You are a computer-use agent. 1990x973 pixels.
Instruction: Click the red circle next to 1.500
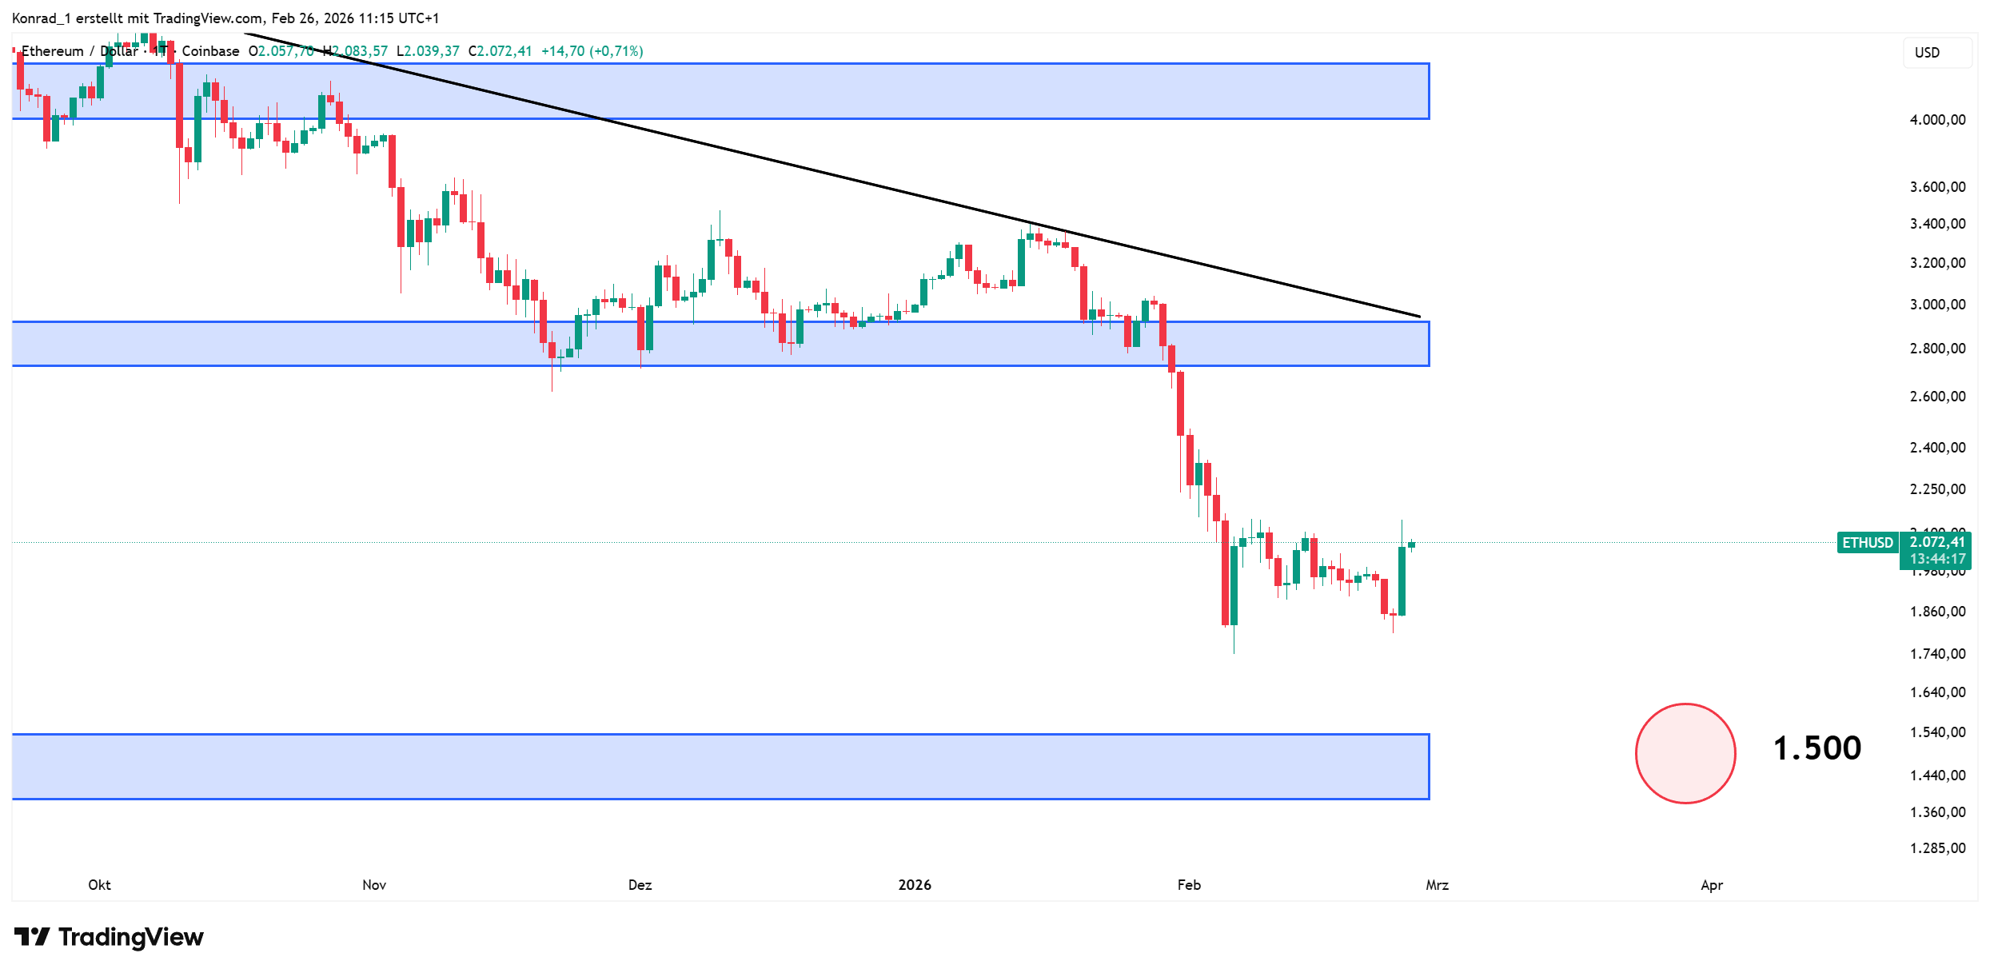pos(1685,753)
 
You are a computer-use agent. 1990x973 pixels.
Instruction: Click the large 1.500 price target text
pos(1817,748)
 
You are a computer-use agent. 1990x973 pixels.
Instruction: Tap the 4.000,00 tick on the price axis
pos(1937,120)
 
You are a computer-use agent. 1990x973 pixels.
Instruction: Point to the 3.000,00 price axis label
pos(1937,305)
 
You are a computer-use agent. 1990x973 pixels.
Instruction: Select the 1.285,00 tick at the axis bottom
pos(1937,848)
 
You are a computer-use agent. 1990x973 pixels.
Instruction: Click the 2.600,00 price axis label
pos(1937,397)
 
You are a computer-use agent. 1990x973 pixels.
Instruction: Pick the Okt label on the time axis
pos(99,885)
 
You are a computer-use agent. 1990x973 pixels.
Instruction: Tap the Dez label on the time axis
pos(640,885)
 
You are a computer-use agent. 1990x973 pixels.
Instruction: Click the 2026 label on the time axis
pos(915,885)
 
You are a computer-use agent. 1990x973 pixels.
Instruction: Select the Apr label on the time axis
pos(1711,885)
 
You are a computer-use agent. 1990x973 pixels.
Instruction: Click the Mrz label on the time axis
pos(1437,885)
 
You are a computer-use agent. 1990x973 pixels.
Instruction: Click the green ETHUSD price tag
pos(1867,543)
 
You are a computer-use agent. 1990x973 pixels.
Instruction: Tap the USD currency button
pos(1927,53)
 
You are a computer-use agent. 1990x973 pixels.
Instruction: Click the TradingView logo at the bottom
pos(110,937)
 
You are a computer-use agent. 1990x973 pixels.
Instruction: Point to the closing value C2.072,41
pos(500,51)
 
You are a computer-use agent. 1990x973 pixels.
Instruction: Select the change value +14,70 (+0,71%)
pos(592,51)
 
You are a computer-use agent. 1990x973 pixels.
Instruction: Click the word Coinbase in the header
pos(210,51)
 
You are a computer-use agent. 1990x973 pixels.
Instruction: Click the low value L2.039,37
pos(428,51)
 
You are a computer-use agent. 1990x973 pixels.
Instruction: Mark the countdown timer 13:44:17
pos(1937,559)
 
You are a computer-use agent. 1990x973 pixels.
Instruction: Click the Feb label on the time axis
pos(1189,885)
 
